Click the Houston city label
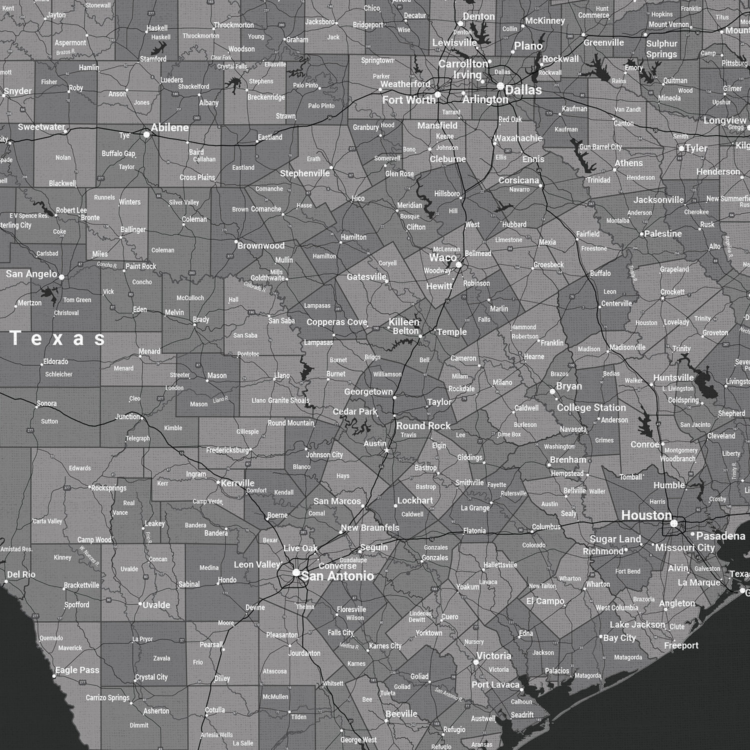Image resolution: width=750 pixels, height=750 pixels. click(646, 515)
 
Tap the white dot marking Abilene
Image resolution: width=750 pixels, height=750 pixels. click(146, 134)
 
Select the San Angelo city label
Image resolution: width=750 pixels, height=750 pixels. click(31, 274)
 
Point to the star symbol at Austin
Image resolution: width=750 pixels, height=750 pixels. click(386, 451)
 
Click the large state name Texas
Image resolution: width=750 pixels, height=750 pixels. click(58, 338)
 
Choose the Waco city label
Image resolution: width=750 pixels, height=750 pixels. click(442, 258)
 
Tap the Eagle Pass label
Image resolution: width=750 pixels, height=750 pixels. click(77, 670)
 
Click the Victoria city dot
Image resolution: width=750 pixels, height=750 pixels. click(476, 662)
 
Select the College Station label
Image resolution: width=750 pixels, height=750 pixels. click(591, 407)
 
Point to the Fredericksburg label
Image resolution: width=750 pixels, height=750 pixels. click(227, 450)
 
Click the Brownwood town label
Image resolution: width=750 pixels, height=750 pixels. click(261, 245)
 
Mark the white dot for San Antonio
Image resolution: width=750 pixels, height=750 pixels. click(296, 572)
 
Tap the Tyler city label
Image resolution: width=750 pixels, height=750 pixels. click(696, 148)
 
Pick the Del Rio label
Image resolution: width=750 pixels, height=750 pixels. click(21, 574)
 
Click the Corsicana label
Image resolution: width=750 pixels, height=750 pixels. click(518, 180)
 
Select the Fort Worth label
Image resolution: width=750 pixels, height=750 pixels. click(408, 100)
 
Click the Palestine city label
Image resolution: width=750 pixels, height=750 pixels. click(663, 233)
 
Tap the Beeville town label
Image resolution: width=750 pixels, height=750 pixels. click(401, 714)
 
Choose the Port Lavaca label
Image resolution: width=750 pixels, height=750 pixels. click(495, 684)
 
